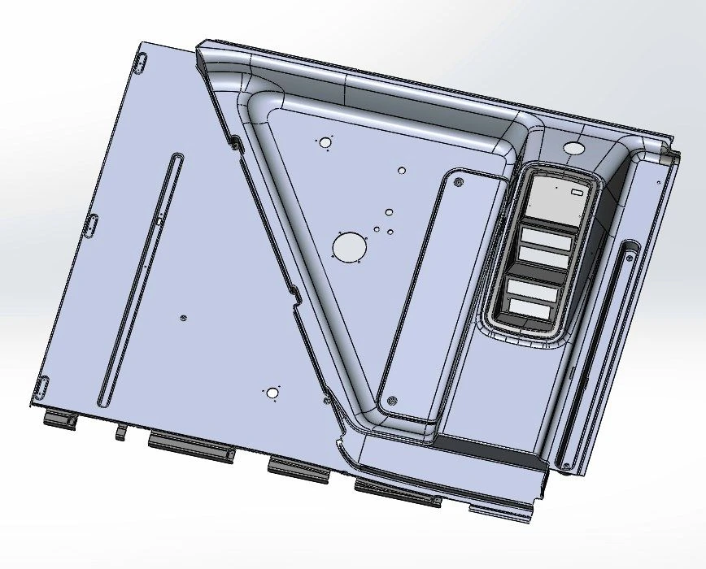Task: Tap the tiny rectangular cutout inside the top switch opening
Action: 577,193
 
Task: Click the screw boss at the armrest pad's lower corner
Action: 393,400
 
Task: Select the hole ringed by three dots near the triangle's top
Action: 325,143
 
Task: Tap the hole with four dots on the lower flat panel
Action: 272,394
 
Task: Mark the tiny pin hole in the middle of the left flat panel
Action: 184,318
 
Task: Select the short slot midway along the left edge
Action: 92,225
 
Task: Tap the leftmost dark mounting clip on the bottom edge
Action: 59,420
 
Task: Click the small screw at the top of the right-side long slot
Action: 630,256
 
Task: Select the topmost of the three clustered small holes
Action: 389,212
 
